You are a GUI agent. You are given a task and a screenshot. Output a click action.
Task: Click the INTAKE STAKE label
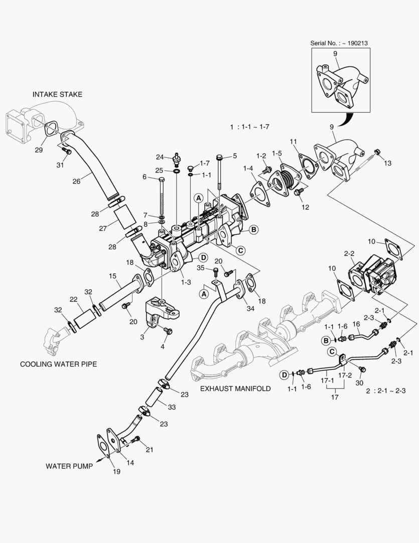(x=57, y=94)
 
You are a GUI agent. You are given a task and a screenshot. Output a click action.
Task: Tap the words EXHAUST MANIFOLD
(x=235, y=389)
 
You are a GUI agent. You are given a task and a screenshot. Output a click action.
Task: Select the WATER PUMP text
(x=69, y=466)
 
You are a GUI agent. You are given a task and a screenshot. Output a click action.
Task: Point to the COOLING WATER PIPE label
(x=58, y=364)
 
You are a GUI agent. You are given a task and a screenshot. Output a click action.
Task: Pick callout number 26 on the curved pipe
(x=76, y=181)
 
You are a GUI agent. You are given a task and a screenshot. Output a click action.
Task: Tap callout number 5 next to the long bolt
(x=234, y=156)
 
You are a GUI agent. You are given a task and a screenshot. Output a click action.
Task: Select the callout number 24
(x=160, y=156)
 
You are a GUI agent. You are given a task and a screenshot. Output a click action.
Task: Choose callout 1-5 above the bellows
(x=277, y=153)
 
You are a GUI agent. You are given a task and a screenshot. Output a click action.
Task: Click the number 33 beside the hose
(x=171, y=406)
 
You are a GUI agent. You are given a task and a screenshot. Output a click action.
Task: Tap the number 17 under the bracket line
(x=334, y=397)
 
